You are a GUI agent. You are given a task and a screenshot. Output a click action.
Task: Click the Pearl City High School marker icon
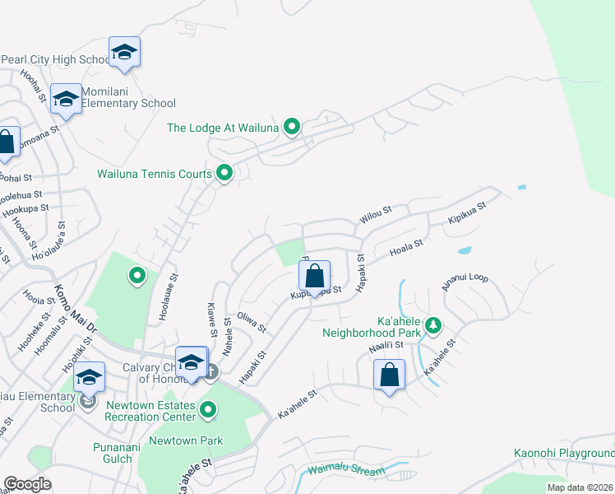124,53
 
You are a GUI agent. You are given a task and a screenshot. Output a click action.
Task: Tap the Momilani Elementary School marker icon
66,100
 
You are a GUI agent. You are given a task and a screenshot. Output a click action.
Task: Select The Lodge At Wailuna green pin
291,127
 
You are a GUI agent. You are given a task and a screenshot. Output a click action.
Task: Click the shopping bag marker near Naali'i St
390,375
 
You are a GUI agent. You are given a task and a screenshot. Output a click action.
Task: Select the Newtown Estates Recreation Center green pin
209,408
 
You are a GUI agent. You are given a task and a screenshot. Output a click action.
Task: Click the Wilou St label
374,215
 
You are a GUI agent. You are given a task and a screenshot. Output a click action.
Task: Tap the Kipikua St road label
467,214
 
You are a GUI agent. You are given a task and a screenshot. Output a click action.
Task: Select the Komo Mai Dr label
76,308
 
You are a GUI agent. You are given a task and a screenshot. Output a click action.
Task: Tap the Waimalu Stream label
346,472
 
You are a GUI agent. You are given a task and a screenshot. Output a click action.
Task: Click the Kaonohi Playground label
564,454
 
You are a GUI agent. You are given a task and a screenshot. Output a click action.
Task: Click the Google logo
27,484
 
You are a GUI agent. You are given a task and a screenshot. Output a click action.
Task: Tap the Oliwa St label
252,321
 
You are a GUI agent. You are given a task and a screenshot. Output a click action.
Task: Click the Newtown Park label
185,440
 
